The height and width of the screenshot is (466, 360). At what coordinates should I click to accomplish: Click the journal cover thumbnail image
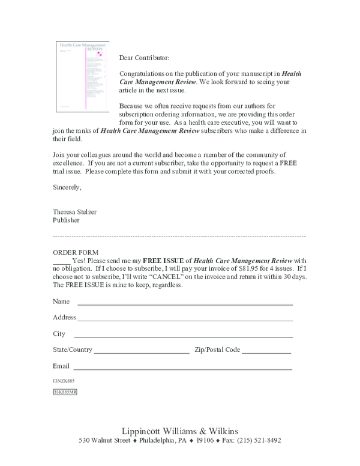(82, 76)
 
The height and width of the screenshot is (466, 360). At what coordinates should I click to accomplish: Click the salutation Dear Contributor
(144, 58)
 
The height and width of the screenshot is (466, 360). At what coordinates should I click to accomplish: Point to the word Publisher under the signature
(66, 220)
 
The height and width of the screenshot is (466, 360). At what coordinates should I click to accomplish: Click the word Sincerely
(67, 187)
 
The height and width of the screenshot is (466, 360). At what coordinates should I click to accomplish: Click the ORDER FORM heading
(76, 252)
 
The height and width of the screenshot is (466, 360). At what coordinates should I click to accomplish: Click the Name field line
(184, 304)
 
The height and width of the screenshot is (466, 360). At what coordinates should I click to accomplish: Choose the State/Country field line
(141, 353)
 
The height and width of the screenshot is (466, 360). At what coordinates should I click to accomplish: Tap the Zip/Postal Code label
(217, 349)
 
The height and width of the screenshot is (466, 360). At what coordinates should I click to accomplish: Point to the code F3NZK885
(64, 381)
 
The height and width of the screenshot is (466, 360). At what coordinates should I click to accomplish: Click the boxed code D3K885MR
(65, 392)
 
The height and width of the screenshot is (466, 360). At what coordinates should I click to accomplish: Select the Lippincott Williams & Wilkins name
(180, 431)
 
